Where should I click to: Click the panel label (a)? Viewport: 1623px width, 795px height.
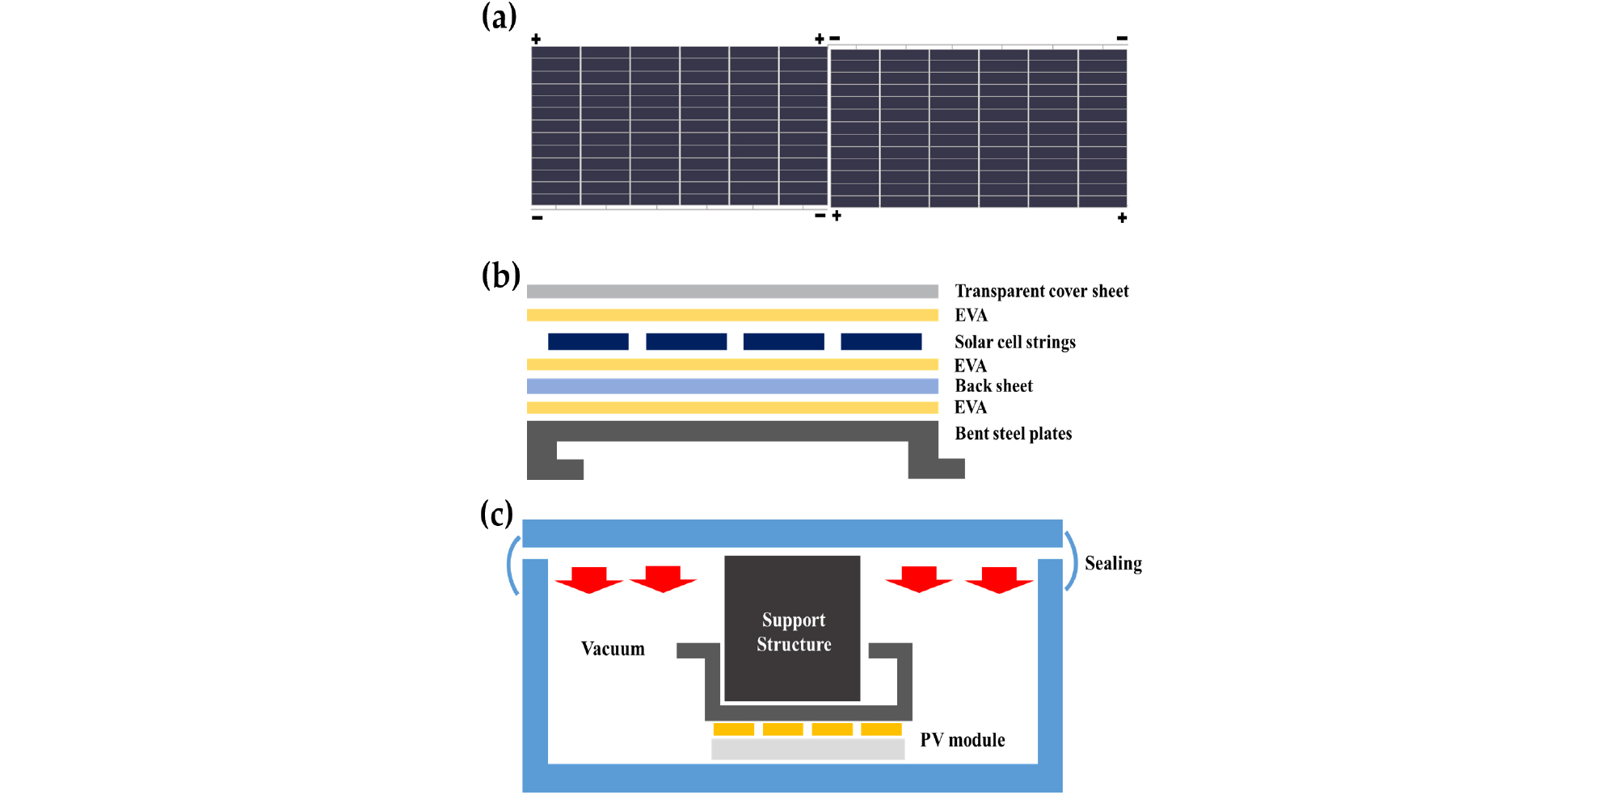499,17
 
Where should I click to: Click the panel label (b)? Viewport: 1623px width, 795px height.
500,276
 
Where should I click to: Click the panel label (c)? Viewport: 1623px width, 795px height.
496,514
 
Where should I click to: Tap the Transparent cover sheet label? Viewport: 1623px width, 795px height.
1041,291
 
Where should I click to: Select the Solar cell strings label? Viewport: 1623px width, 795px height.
1014,342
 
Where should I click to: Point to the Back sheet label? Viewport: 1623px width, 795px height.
993,386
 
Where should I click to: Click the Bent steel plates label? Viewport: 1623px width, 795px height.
1013,434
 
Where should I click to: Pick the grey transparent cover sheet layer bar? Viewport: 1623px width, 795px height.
731,292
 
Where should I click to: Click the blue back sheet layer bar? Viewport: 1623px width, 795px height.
731,386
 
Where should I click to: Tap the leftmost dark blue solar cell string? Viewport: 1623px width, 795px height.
588,342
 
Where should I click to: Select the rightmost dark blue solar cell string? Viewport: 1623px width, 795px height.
881,342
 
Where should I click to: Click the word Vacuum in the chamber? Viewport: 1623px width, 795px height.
613,649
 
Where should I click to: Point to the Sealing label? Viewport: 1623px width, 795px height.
1113,563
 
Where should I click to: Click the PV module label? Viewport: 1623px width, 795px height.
962,740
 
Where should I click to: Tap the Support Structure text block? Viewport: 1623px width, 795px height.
793,632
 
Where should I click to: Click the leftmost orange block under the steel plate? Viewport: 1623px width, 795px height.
733,730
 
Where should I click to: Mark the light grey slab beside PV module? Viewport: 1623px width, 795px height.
807,750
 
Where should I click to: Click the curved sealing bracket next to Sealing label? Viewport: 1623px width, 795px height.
1072,560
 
